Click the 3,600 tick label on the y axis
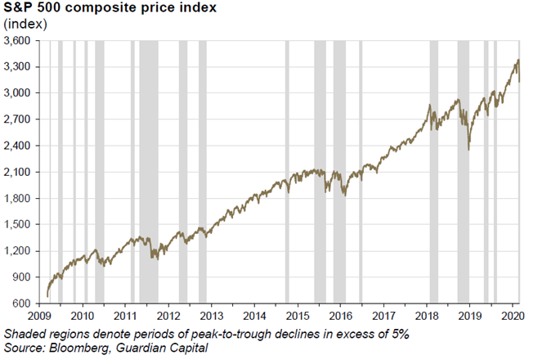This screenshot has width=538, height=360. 17,40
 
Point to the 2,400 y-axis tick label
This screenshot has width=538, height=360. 17,146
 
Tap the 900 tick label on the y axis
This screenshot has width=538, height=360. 22,277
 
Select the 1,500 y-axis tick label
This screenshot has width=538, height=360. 17,225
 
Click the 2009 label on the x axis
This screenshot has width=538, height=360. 39,315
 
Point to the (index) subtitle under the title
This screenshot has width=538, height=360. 27,24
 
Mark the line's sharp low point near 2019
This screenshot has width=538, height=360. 469,149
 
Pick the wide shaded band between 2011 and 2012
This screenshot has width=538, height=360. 148,171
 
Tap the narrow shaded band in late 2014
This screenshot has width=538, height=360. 286,171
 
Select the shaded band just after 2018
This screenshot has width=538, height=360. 433,171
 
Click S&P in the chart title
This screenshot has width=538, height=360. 19,9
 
